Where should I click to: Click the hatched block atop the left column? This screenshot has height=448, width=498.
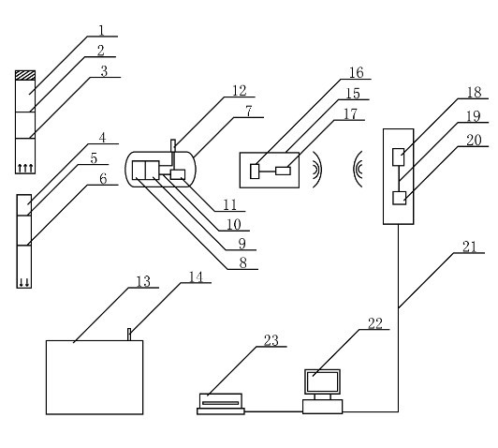[25, 75]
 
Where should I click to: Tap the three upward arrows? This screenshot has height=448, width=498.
[25, 168]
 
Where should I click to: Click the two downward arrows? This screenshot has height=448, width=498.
[24, 282]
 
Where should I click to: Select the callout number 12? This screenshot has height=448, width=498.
[239, 91]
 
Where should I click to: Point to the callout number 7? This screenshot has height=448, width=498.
[249, 112]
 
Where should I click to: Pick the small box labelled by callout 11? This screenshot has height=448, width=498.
[178, 174]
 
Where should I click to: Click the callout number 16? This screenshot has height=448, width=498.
[357, 73]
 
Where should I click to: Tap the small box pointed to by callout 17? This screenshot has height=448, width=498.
[283, 172]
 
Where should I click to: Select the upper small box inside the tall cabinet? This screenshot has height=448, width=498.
[398, 157]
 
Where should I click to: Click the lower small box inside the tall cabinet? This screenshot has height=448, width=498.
[399, 198]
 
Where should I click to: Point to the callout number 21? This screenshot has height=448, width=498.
[470, 246]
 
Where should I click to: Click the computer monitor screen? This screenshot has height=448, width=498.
[322, 381]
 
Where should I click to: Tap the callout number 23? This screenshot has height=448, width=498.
[271, 340]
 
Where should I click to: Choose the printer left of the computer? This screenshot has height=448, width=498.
[221, 404]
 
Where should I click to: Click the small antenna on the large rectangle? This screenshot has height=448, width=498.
[129, 335]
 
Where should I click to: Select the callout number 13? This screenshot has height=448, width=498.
[143, 282]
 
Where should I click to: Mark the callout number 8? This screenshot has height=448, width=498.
[243, 263]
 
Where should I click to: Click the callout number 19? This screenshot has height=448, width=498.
[474, 116]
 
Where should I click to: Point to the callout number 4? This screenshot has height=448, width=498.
[102, 138]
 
